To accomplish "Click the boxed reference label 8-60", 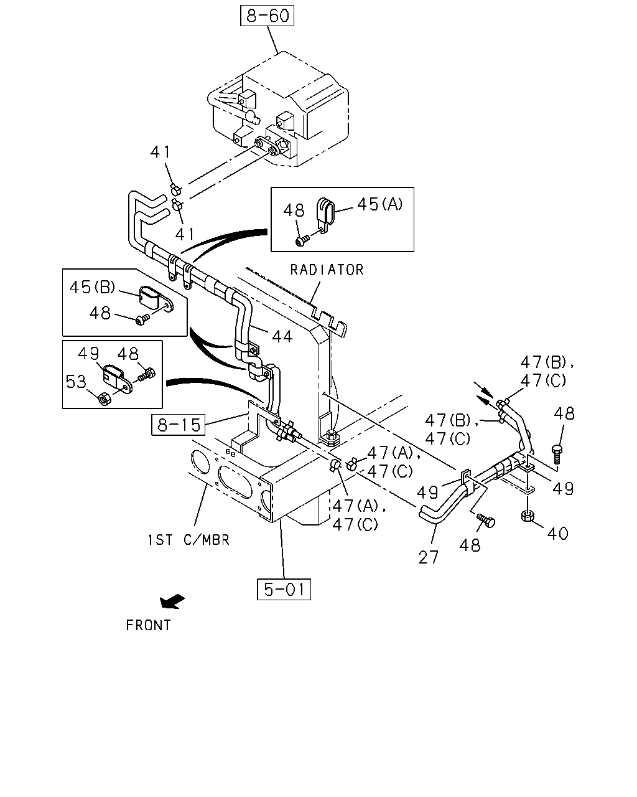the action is [267, 16].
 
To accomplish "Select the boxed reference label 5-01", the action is [284, 589].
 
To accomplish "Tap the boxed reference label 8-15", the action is [179, 425].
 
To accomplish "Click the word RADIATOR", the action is [327, 270].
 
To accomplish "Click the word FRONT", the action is [149, 625].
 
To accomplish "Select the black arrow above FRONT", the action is [172, 601].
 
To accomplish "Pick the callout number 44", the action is [282, 337].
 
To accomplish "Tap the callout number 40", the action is [557, 534].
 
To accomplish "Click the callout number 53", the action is [76, 382].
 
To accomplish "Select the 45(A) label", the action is [379, 204].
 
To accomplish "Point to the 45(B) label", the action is [93, 287].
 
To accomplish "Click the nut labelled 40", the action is [527, 516].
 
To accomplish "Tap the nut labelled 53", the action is [104, 398].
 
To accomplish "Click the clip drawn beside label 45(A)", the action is [325, 215].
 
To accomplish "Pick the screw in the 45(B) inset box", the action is [143, 319].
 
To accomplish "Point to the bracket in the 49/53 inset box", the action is [116, 379].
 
